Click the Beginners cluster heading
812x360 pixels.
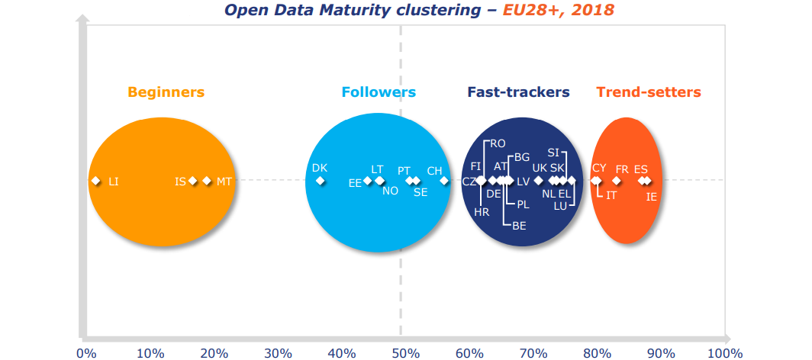click(166, 92)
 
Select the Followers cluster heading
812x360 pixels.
click(379, 92)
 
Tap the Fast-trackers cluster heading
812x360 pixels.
click(518, 92)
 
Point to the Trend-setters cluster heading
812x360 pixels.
click(648, 92)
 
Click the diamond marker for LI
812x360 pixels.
click(95, 181)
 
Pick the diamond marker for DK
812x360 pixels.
click(321, 181)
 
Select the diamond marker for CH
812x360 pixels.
click(444, 181)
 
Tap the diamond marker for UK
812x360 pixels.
click(539, 181)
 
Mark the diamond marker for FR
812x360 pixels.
click(617, 181)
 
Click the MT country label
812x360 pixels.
click(224, 182)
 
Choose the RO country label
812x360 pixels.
click(498, 143)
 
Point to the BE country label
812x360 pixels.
click(519, 226)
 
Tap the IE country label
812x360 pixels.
click(651, 197)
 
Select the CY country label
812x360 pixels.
click(599, 168)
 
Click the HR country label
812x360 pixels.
click(482, 212)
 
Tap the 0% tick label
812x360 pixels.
click(86, 353)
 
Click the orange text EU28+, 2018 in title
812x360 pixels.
click(558, 10)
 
